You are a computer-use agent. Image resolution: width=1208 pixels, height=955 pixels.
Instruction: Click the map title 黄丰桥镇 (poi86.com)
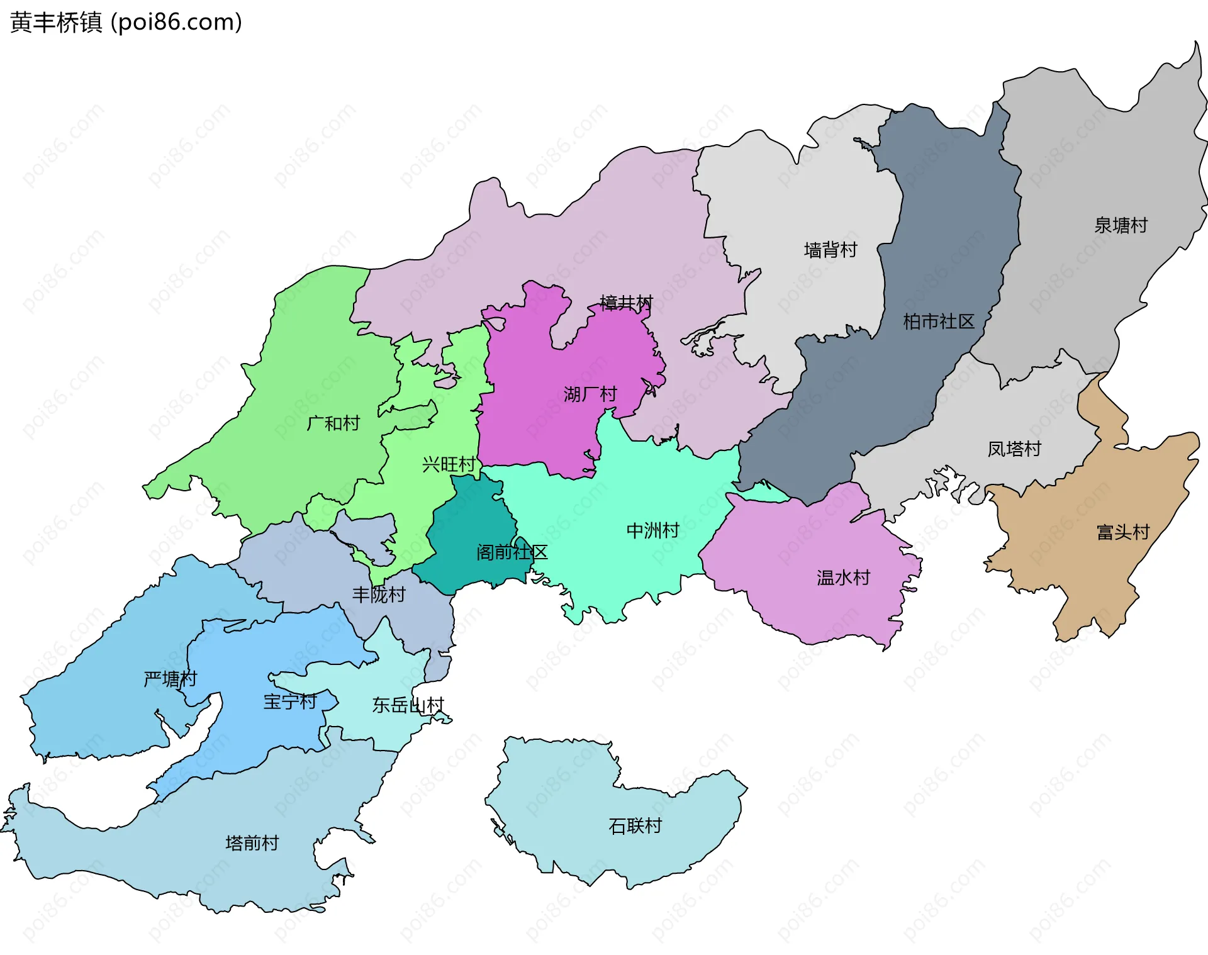126,23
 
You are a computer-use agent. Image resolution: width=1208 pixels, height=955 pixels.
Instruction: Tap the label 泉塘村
1121,225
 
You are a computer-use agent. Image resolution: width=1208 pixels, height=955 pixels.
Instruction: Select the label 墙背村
830,250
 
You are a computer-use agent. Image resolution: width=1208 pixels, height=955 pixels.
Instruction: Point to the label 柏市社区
938,321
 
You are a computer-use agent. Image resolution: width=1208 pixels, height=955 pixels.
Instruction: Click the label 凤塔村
1014,449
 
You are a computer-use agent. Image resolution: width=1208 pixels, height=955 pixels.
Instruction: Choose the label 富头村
1123,532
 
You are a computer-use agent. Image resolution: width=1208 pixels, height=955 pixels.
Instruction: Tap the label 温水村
843,578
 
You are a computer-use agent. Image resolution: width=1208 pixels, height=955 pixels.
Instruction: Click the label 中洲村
653,530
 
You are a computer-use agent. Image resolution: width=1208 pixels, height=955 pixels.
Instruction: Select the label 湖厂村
590,394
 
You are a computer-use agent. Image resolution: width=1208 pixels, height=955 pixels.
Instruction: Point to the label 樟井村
626,303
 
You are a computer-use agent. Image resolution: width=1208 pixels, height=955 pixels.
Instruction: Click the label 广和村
333,423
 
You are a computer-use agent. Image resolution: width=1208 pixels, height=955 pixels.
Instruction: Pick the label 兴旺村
449,464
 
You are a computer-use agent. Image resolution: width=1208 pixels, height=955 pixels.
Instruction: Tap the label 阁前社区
512,552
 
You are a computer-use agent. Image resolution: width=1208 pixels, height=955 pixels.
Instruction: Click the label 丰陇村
379,595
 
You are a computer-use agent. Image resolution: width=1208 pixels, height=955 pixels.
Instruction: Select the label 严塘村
170,679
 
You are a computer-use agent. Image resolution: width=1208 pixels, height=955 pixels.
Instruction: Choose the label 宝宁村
289,701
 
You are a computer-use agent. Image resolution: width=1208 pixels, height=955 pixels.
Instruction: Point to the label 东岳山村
408,705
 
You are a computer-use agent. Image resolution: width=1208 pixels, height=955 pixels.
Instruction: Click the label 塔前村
252,843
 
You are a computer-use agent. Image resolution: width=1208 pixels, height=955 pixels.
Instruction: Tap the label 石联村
635,825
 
